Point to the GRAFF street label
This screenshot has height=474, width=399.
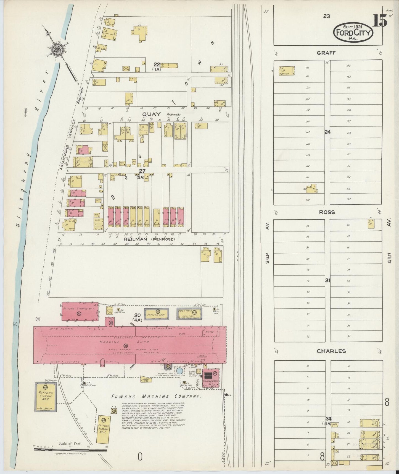pyautogui.click(x=326, y=53)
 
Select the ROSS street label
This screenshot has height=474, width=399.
pyautogui.click(x=327, y=212)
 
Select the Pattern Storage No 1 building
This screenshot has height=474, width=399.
pyautogui.click(x=80, y=311)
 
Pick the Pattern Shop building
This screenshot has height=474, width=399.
pyautogui.click(x=156, y=314)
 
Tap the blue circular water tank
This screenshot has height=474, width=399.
pyautogui.click(x=180, y=371)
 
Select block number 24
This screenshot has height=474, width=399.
pyautogui.click(x=327, y=132)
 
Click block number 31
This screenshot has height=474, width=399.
pyautogui.click(x=327, y=280)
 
